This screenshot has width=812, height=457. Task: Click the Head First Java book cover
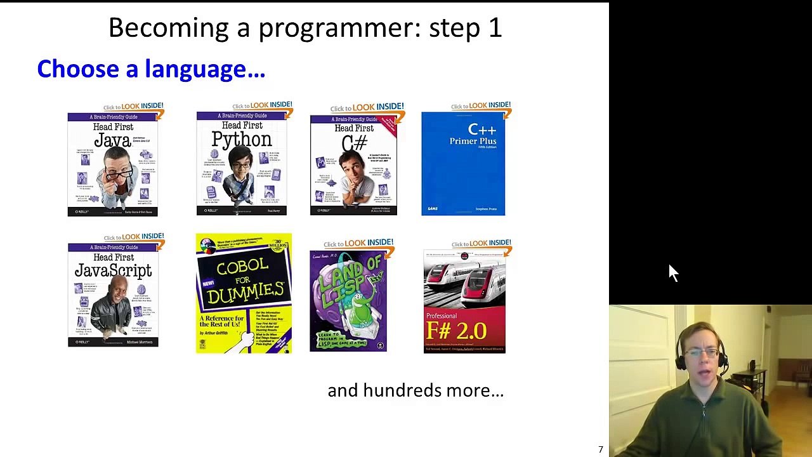click(x=112, y=164)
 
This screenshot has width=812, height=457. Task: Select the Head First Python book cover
click(x=242, y=164)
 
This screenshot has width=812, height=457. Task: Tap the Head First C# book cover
click(x=353, y=166)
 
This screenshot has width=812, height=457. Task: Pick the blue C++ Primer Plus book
click(x=463, y=164)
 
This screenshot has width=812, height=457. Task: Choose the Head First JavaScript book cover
click(x=113, y=295)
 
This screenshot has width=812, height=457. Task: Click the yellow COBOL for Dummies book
click(x=244, y=293)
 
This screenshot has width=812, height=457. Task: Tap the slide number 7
click(x=600, y=449)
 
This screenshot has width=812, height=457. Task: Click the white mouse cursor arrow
click(x=673, y=273)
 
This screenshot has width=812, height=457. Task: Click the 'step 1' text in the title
click(x=465, y=29)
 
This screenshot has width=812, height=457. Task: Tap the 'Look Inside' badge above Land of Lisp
click(x=359, y=243)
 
